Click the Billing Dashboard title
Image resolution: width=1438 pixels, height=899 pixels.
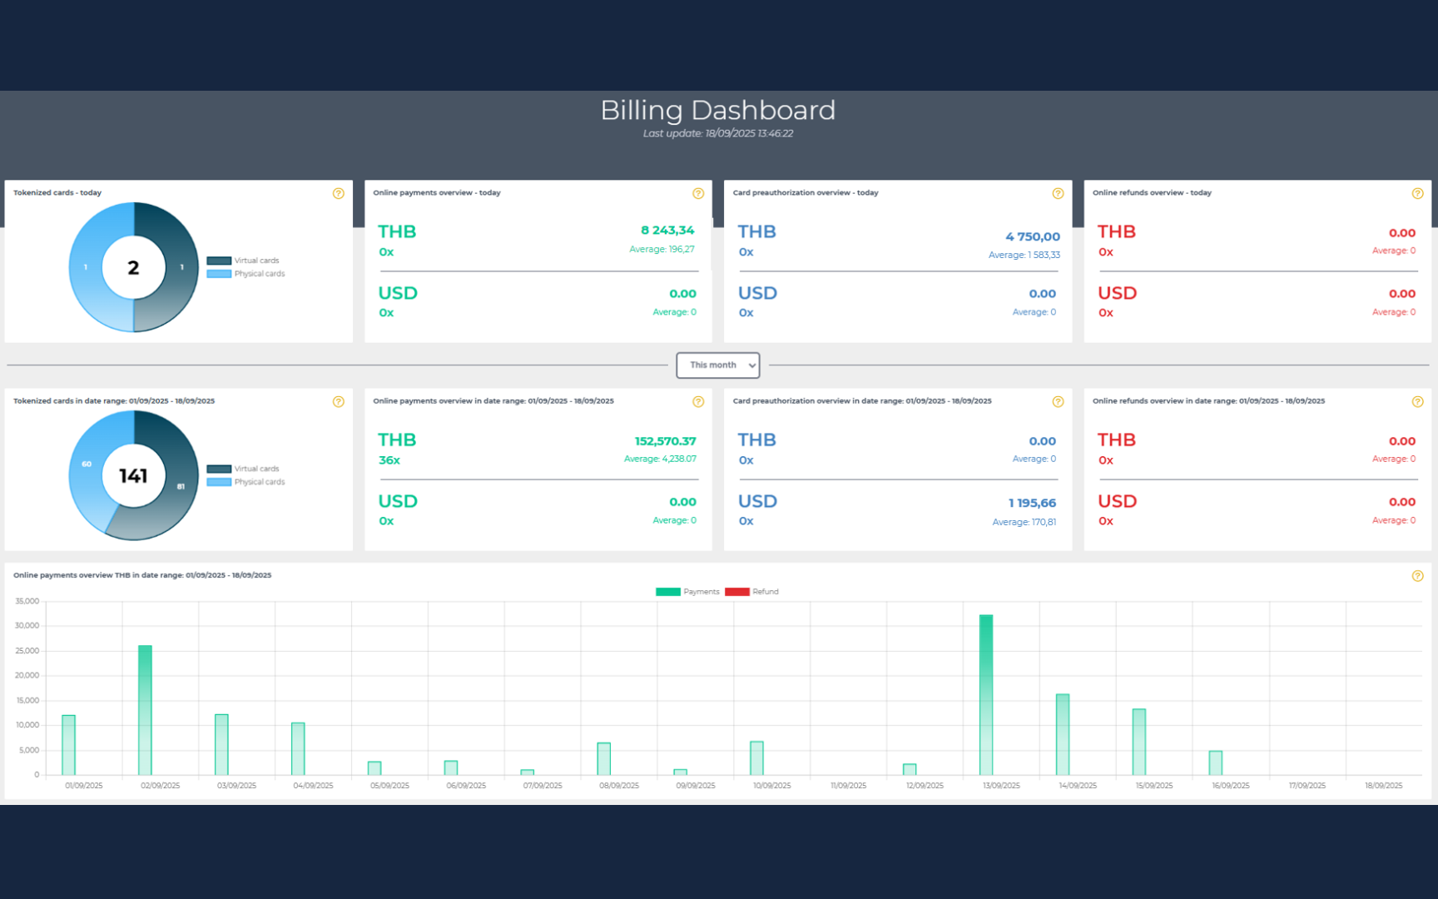(x=717, y=110)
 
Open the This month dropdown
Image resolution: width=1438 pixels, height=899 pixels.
(x=717, y=365)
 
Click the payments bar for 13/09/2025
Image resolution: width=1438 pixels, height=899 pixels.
(x=986, y=695)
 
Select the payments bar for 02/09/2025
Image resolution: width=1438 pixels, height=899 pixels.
(x=145, y=710)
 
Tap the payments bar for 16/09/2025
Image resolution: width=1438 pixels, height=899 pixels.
(x=1216, y=762)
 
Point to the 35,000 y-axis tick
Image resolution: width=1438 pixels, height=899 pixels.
(x=27, y=601)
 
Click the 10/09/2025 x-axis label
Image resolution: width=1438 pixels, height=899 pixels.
(x=771, y=786)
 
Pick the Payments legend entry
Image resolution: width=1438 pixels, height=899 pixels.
(x=687, y=592)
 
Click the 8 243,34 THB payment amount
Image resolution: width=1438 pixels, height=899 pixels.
(x=667, y=231)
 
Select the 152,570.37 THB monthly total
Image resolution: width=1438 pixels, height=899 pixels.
(x=665, y=441)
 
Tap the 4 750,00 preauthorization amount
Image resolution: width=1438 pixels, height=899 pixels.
(x=1033, y=236)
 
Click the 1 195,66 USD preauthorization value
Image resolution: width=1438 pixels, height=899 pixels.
(x=1032, y=503)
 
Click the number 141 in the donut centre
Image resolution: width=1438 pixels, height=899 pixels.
(x=133, y=475)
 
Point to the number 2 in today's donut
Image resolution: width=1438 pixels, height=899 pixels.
(x=133, y=267)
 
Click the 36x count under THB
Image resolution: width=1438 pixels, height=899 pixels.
(x=389, y=460)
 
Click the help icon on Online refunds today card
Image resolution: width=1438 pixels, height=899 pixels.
(x=1417, y=193)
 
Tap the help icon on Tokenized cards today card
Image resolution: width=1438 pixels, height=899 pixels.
(x=338, y=193)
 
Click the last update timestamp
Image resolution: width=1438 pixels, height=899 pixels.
(x=717, y=133)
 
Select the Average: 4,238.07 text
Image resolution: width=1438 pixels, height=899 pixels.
(x=660, y=459)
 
